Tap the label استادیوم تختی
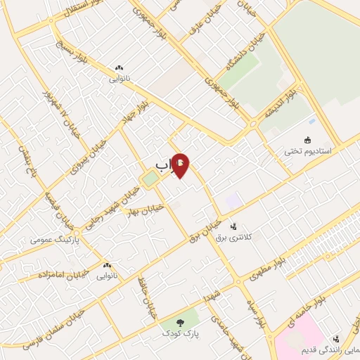(311, 150)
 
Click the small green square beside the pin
(150, 179)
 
